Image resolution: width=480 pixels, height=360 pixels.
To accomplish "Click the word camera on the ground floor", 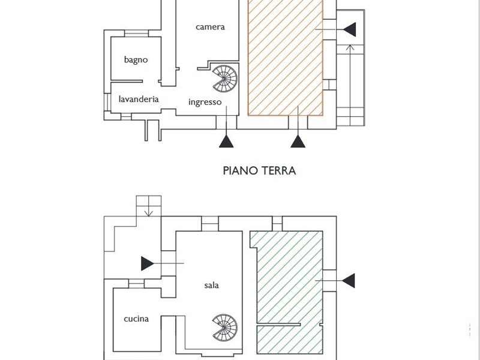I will tap(210, 27).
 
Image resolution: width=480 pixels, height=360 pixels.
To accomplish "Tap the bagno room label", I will tap(136, 59).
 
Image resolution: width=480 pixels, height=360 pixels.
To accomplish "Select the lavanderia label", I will tap(139, 99).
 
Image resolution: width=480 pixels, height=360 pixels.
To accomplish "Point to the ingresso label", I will tap(205, 102).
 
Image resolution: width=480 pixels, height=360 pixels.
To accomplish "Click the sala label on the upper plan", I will tap(211, 285).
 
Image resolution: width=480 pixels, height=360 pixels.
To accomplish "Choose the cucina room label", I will tap(136, 319).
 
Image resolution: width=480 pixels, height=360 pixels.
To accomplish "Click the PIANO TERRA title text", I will tap(259, 170).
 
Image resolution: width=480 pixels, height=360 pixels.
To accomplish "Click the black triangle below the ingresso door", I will tap(226, 142).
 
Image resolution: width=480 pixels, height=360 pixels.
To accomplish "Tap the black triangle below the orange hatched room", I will tap(298, 142).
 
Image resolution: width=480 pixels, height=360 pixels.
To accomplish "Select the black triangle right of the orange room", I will tap(350, 28).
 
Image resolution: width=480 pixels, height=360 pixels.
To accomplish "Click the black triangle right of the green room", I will tap(348, 280).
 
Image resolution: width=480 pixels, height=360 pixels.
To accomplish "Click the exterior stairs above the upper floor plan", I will tap(148, 206).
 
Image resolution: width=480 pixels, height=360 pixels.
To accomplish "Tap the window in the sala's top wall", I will tap(210, 225).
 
